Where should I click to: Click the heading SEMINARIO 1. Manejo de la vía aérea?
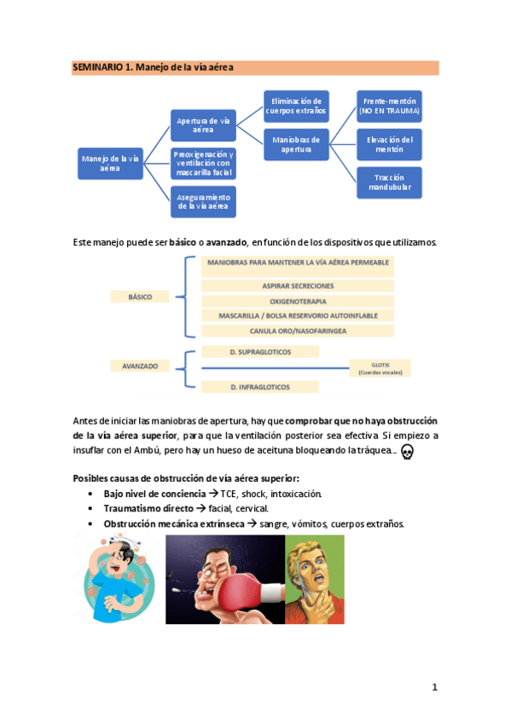(x=154, y=67)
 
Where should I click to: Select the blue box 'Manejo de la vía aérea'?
(x=110, y=163)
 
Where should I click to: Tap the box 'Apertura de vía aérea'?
(x=203, y=125)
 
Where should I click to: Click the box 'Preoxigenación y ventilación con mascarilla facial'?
(x=203, y=163)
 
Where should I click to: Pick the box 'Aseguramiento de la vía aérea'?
(x=203, y=201)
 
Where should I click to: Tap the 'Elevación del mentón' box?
(x=389, y=144)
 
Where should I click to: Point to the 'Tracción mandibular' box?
(x=389, y=182)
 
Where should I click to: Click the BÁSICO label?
(x=140, y=297)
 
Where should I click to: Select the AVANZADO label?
(x=140, y=366)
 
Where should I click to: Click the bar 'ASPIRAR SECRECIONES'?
(x=298, y=286)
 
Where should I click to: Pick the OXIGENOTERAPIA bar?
(x=298, y=301)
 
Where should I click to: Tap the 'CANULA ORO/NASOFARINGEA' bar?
(x=298, y=331)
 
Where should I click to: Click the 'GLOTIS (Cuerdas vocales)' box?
(x=380, y=368)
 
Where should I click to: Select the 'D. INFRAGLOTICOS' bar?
(x=260, y=387)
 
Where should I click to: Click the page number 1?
(x=434, y=687)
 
